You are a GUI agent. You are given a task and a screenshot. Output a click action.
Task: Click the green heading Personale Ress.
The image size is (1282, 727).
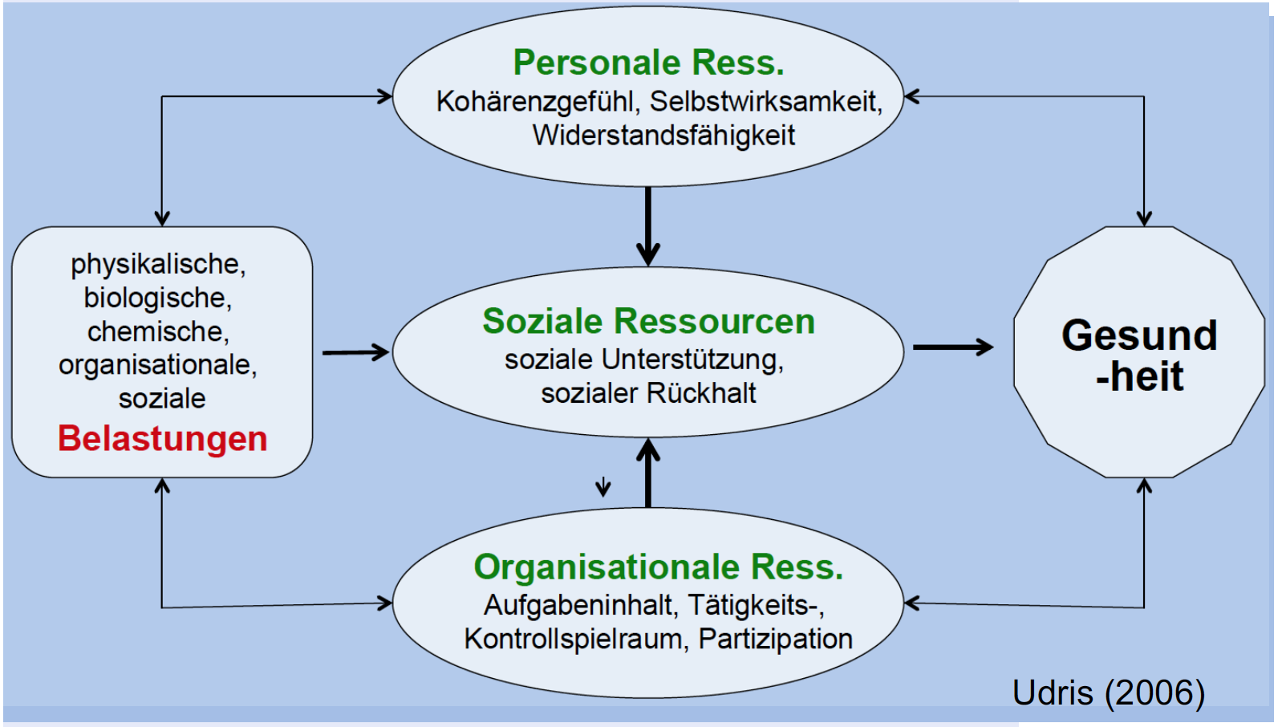(x=648, y=63)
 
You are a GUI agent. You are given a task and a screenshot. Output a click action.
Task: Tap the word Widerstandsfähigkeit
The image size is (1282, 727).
(x=663, y=136)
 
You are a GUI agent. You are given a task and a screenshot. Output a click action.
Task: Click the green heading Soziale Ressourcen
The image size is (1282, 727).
(x=648, y=321)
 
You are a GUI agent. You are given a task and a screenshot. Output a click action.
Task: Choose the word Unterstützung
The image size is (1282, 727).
(x=692, y=359)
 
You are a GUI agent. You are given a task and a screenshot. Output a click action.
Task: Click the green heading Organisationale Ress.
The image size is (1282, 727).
(x=658, y=567)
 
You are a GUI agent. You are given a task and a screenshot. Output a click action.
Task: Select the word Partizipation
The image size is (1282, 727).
(x=775, y=639)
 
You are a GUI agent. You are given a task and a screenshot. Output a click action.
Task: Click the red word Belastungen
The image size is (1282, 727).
(x=162, y=439)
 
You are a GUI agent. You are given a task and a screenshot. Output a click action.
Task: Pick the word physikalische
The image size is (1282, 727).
(x=158, y=264)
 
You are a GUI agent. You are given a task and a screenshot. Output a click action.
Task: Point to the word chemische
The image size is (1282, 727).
(x=158, y=331)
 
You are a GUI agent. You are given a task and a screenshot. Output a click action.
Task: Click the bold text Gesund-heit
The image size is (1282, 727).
(x=1138, y=355)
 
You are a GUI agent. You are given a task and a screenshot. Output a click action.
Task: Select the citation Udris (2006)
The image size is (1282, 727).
(x=1108, y=692)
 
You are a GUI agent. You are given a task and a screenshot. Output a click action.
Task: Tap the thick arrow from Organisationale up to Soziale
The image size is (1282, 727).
(x=648, y=473)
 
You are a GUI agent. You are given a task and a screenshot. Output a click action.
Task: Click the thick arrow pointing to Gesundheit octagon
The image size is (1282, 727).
(x=952, y=347)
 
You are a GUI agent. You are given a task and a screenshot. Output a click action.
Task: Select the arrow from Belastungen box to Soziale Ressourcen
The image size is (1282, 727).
(x=355, y=352)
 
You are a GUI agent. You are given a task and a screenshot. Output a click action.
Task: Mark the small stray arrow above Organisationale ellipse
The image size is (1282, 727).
(x=603, y=486)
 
